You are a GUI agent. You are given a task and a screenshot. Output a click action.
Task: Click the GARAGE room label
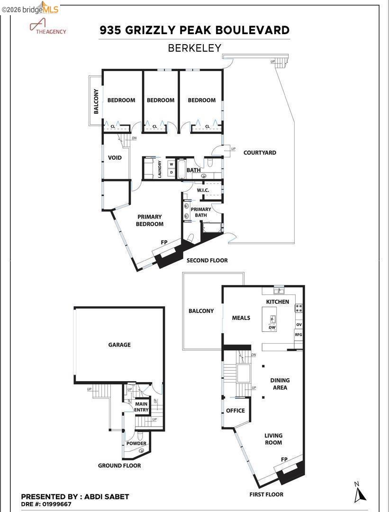point(119,345)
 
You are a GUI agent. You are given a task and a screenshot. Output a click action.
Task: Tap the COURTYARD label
point(260,153)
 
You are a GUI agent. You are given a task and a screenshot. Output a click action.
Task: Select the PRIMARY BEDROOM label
point(150,220)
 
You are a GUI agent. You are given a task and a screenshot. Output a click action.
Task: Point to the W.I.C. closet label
point(203,190)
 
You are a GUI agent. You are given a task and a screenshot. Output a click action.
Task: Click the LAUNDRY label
point(160,169)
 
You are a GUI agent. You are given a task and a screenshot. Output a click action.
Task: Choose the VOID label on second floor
point(115,158)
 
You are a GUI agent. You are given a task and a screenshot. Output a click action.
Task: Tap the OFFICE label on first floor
point(235,410)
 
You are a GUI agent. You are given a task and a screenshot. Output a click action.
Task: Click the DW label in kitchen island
point(272,328)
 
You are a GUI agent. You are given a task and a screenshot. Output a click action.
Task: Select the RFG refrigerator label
point(299,334)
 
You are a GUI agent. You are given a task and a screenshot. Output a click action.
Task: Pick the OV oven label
point(299,324)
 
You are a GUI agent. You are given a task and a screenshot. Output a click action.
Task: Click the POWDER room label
point(136,444)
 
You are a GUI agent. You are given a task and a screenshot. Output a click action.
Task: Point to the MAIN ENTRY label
point(142,407)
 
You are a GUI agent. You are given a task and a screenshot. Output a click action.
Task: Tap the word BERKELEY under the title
point(195,48)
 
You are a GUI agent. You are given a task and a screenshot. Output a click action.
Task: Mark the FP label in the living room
point(284,459)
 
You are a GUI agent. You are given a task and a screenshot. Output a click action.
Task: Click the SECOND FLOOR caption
point(207,260)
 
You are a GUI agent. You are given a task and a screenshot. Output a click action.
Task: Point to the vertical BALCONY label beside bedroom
point(96,101)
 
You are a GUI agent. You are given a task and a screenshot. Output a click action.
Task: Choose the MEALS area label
point(241,318)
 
